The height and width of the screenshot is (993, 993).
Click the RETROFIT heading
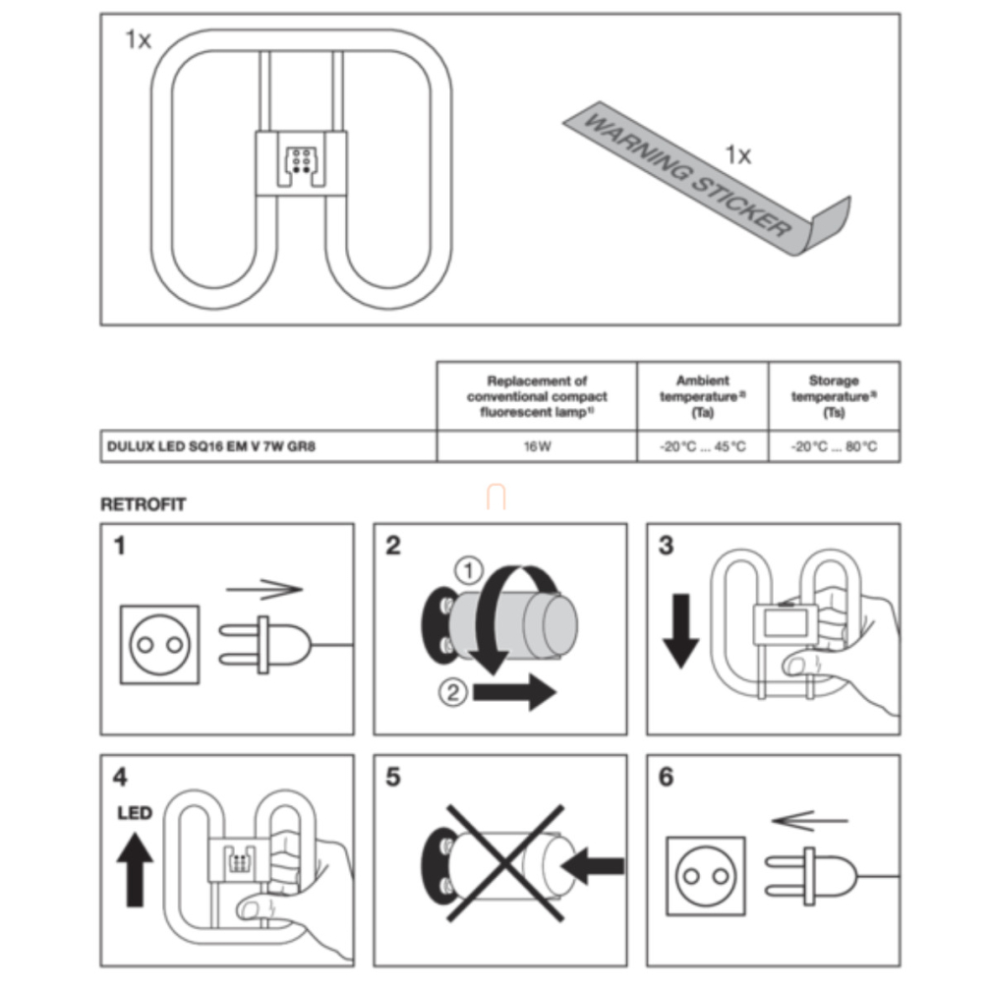point(144,504)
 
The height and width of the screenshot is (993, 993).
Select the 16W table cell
point(537,446)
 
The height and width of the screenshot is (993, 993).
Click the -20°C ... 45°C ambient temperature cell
point(702,446)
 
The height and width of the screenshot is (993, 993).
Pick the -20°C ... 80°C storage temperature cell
point(834,446)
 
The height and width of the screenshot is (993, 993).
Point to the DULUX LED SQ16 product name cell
point(268,446)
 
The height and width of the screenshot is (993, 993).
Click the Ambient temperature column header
point(702,396)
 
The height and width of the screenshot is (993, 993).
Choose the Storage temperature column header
point(834,396)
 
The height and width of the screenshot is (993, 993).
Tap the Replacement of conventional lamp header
point(537,396)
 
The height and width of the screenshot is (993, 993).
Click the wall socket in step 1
point(159,645)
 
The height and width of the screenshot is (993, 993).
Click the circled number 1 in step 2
point(469,571)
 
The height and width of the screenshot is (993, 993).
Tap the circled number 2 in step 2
point(453,691)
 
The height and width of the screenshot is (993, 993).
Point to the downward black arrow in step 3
point(680,631)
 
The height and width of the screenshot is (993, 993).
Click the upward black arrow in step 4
point(135,869)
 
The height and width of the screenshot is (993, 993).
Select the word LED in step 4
point(135,812)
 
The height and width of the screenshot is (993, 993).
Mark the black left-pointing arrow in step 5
point(593,866)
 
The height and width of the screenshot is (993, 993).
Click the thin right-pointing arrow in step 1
point(264,589)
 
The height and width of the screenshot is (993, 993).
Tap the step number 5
point(393,777)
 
